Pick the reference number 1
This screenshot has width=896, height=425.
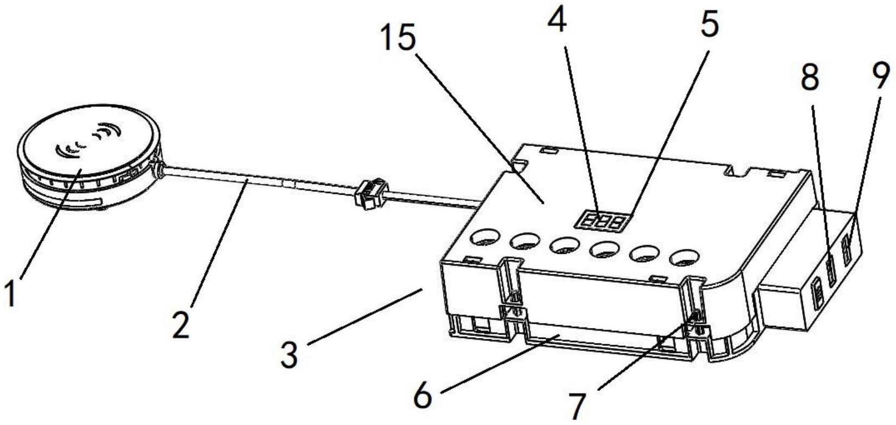(11, 293)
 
